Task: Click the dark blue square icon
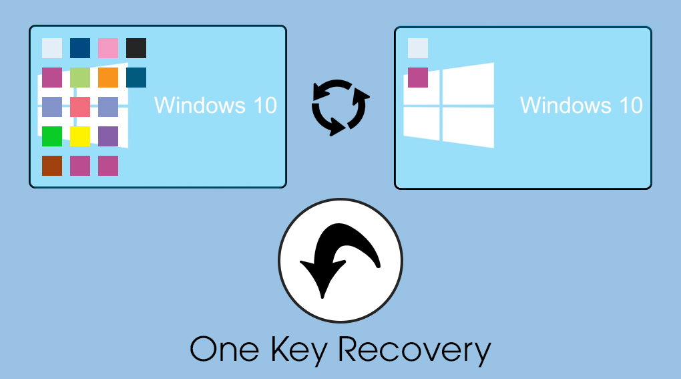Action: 80,48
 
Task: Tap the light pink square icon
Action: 108,48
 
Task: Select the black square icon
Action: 136,48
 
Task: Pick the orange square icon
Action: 108,78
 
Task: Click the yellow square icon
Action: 80,136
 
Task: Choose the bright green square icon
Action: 52,136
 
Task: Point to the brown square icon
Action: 52,166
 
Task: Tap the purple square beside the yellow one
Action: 108,136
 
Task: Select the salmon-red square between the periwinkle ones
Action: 80,107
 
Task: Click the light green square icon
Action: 80,78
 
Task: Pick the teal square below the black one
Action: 136,78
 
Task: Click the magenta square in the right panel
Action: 418,78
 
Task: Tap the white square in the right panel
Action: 418,48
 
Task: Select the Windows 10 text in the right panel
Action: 581,105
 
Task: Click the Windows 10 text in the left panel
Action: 216,105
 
